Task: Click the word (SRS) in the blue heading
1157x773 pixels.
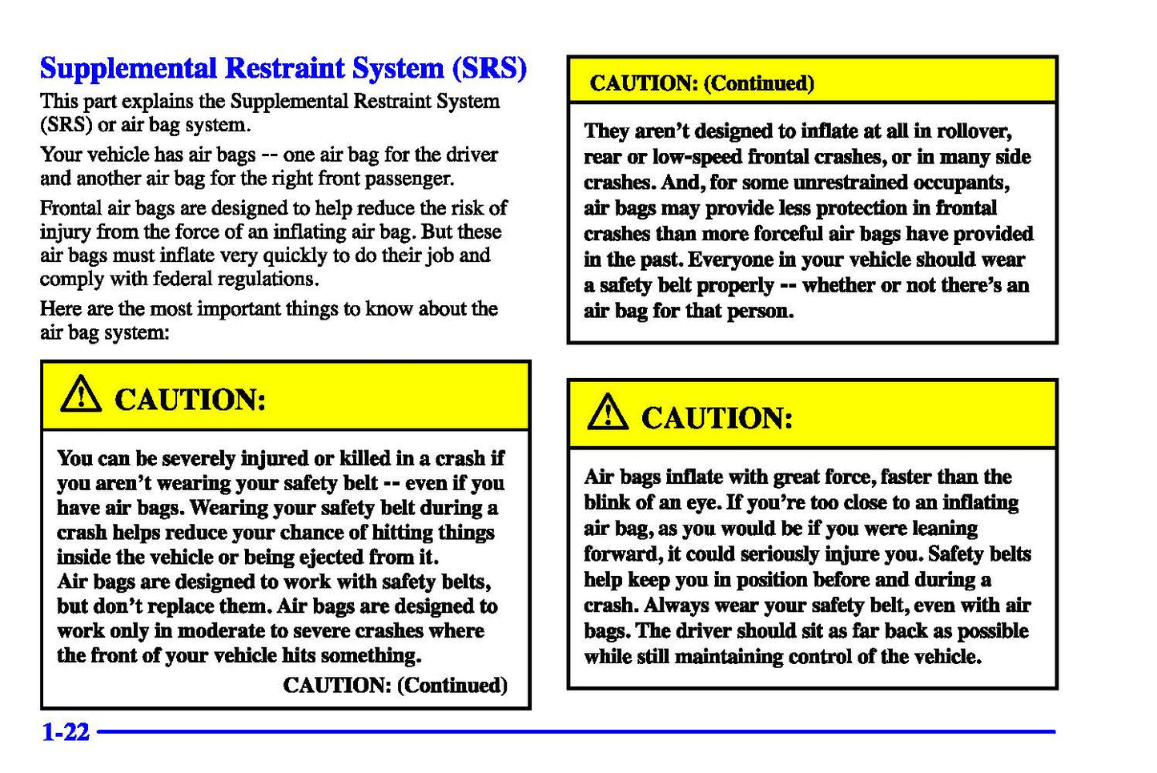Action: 489,68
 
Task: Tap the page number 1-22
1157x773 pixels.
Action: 65,731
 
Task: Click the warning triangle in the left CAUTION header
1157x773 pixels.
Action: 81,395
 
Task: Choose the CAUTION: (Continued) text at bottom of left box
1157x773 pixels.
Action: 396,685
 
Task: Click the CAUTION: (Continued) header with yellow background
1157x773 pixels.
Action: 702,83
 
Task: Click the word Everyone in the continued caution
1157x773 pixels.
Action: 731,260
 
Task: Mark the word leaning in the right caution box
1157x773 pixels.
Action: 943,529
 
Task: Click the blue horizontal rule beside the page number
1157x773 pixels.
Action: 576,731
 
